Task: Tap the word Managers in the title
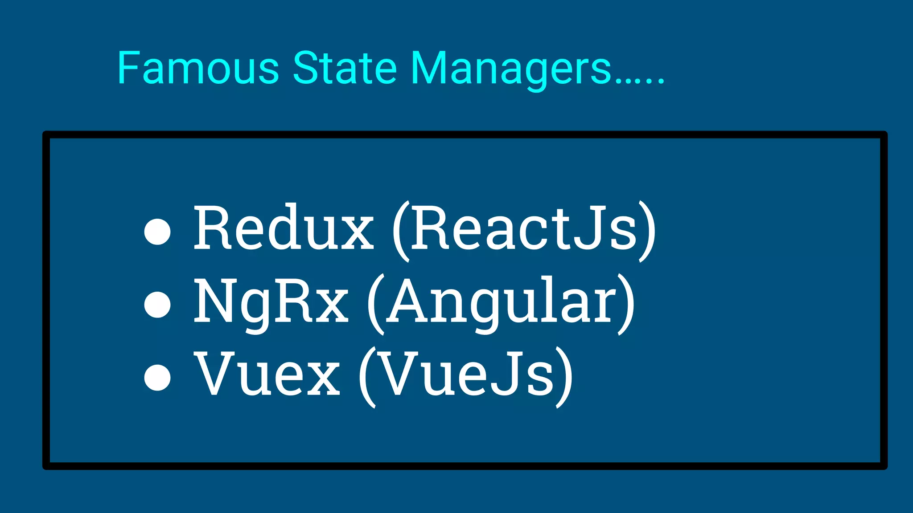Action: pos(510,69)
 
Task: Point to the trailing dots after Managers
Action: pos(640,80)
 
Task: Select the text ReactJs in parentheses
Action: pos(523,228)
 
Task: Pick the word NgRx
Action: pos(271,301)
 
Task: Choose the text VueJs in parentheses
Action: pos(466,374)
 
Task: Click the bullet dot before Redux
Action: pos(158,232)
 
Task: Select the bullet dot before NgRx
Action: pos(158,305)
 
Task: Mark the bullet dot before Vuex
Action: pos(158,377)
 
